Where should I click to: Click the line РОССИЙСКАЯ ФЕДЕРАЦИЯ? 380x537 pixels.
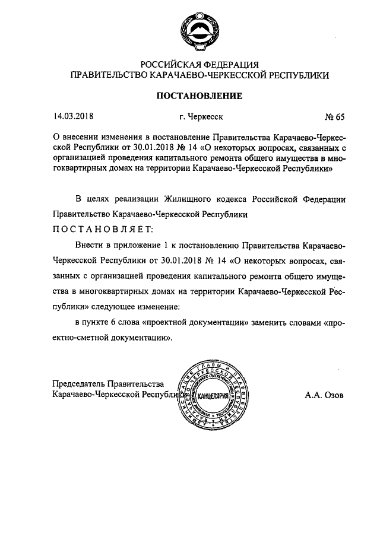pyautogui.click(x=199, y=64)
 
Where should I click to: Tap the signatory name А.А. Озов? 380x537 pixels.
pyautogui.click(x=324, y=394)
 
